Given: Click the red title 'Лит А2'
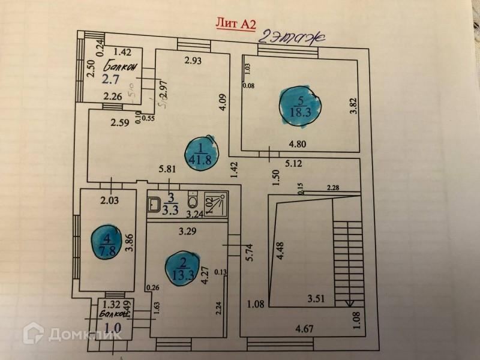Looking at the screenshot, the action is pyautogui.click(x=236, y=23).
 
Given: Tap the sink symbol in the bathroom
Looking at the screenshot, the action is pyautogui.click(x=152, y=204).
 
